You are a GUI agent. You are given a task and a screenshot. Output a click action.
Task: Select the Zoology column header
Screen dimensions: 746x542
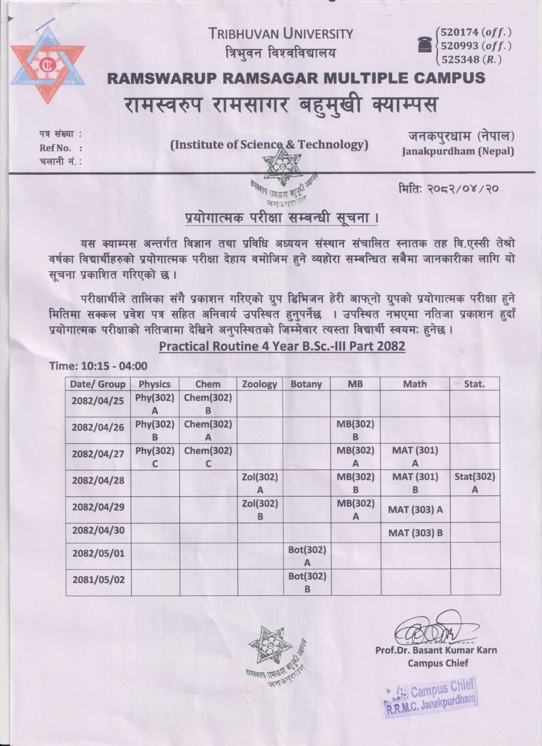click(x=259, y=384)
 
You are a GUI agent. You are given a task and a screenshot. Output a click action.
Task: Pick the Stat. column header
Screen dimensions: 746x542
click(x=474, y=384)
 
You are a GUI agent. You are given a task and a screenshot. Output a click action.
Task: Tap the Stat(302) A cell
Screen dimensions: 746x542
click(x=474, y=483)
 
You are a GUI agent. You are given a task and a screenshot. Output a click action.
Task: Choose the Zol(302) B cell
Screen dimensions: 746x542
click(x=259, y=509)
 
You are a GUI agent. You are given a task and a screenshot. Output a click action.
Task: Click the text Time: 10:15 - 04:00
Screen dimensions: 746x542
click(x=99, y=366)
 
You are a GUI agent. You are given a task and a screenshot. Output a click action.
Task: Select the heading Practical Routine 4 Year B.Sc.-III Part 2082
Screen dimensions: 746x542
click(x=282, y=346)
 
